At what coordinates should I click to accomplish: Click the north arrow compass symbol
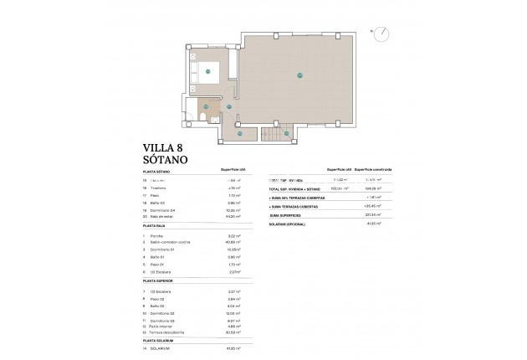[381, 34]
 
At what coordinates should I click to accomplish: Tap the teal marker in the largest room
[299, 76]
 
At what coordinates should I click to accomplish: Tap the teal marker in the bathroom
[205, 107]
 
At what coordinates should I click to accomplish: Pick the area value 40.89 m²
[236, 243]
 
